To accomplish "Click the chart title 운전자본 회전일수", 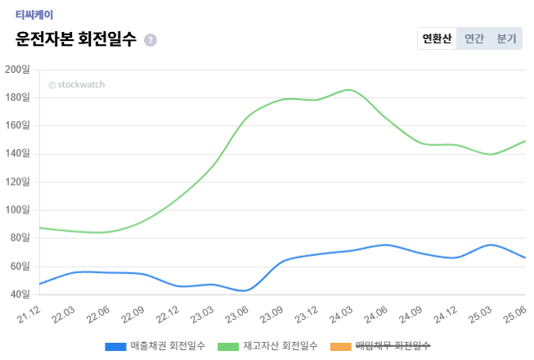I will click(x=76, y=39).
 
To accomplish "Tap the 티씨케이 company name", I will click(x=34, y=14).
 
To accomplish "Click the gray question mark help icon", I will click(x=150, y=40).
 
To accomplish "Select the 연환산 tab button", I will click(x=437, y=38).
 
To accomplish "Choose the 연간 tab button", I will click(x=474, y=38).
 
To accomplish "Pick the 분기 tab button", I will click(x=507, y=38).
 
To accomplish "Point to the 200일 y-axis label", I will click(x=17, y=70).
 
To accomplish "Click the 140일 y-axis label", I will click(x=17, y=154).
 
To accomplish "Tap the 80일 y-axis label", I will click(x=20, y=238).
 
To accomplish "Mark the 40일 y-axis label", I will click(x=20, y=294).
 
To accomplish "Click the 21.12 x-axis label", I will click(x=29, y=313).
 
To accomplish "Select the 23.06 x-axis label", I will click(x=238, y=313).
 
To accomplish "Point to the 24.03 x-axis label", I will click(x=342, y=313).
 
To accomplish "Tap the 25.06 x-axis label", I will click(x=515, y=313).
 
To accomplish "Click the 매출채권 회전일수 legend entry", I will click(x=155, y=346).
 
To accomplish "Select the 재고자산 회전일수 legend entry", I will click(x=267, y=346).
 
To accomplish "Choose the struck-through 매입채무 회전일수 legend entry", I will click(x=380, y=346).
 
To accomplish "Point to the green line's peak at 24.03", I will click(x=349, y=90).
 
